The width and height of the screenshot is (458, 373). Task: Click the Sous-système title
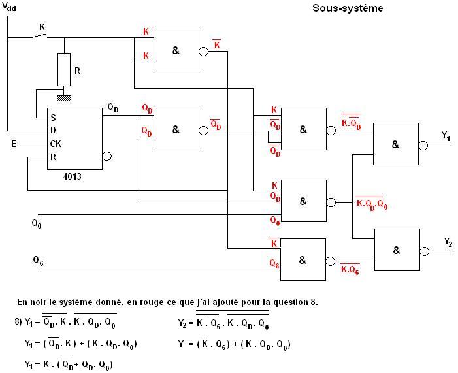[x=348, y=8]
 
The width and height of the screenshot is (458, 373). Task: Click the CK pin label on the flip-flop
[x=57, y=143]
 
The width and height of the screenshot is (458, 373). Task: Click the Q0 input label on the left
[x=36, y=223]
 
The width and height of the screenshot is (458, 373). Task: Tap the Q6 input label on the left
[x=38, y=260]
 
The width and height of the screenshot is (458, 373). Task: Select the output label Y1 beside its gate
[x=445, y=136]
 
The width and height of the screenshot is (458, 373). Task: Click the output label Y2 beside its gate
[x=448, y=242]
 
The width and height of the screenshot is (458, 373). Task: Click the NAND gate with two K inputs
[x=176, y=50]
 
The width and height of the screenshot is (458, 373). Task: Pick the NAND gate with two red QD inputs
[x=176, y=129]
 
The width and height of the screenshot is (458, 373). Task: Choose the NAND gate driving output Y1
[x=395, y=144]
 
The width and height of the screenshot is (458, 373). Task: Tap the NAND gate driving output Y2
[x=397, y=250]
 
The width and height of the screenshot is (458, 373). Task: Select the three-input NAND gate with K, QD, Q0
[x=303, y=201]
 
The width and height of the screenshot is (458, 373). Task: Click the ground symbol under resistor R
[x=64, y=97]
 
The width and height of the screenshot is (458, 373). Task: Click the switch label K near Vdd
[x=42, y=27]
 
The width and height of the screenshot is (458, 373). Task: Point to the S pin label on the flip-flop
[x=52, y=118]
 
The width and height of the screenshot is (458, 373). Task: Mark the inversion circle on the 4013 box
[x=107, y=156]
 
